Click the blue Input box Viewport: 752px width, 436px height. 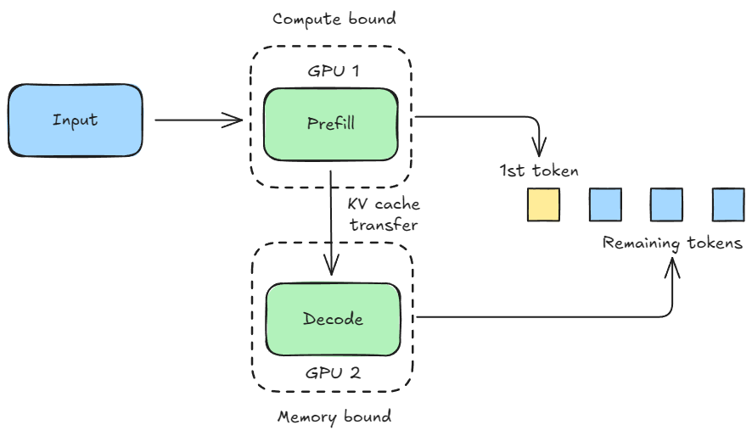[x=75, y=120]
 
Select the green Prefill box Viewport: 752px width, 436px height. [x=330, y=123]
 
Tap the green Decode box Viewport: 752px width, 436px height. [x=333, y=319]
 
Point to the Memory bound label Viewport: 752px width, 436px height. [x=334, y=417]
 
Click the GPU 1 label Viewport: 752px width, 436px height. [x=333, y=70]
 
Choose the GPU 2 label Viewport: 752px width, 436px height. [x=333, y=372]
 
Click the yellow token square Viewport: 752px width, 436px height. [x=543, y=205]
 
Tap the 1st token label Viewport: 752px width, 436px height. [x=539, y=171]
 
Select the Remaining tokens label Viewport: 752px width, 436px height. [x=672, y=243]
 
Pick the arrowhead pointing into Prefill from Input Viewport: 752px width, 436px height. [x=239, y=120]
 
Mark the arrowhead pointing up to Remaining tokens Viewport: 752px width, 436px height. [x=674, y=267]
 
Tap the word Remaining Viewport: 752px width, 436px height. [x=641, y=243]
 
